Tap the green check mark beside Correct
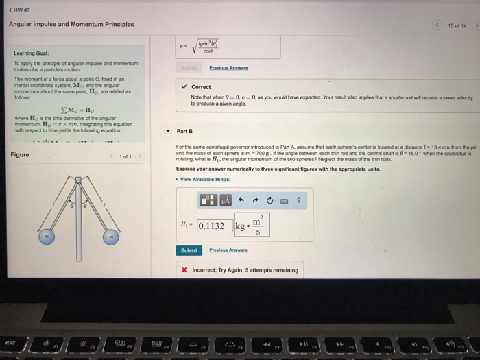(182, 87)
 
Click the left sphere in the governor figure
(45, 236)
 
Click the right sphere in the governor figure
(110, 236)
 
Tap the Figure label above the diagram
(20, 155)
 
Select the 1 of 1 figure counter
(125, 156)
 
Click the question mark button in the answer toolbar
(299, 200)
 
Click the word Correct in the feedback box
(202, 87)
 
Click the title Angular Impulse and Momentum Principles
(71, 25)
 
